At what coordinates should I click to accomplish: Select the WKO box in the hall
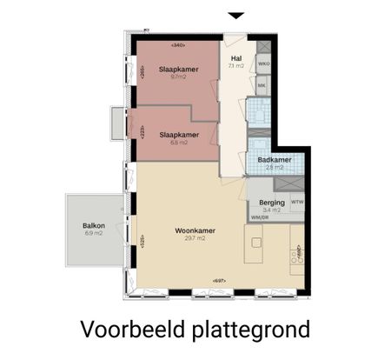pos(262,63)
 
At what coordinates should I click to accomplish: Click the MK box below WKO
pos(262,85)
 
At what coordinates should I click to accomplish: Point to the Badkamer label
pos(274,159)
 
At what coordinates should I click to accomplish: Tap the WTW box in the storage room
pos(297,202)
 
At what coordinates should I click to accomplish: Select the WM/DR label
pos(259,217)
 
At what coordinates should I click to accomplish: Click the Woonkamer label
pos(195,230)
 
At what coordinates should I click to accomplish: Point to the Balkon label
pos(94,226)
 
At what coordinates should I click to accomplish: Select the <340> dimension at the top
pos(179,44)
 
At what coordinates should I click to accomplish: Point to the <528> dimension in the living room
pos(142,240)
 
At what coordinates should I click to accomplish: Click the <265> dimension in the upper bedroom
pos(142,73)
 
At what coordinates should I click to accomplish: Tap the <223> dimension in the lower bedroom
pos(142,132)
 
